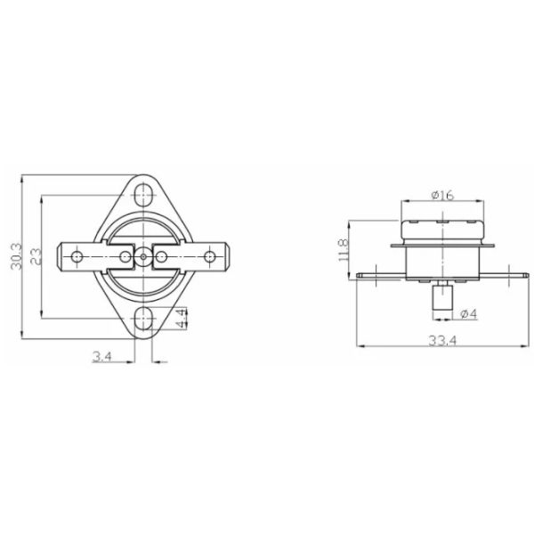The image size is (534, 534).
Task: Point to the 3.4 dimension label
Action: click(x=101, y=357)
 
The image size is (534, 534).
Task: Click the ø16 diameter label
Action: click(x=442, y=196)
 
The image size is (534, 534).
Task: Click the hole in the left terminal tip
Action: click(x=77, y=256)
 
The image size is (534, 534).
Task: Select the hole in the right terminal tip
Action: click(x=210, y=256)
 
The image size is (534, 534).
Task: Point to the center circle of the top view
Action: click(x=143, y=256)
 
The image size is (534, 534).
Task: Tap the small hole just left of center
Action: click(x=123, y=256)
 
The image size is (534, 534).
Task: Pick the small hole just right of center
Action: click(x=164, y=256)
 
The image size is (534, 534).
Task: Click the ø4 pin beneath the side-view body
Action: click(x=440, y=299)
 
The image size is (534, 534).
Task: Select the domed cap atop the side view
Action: click(x=442, y=214)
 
